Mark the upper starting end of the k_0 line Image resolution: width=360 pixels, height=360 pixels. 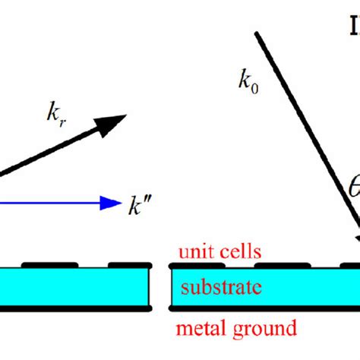click(x=257, y=33)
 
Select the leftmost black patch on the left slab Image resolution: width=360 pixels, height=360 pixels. click(x=49, y=264)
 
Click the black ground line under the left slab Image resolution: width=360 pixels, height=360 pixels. click(x=76, y=310)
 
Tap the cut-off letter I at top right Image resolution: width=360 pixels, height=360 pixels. click(x=354, y=27)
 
